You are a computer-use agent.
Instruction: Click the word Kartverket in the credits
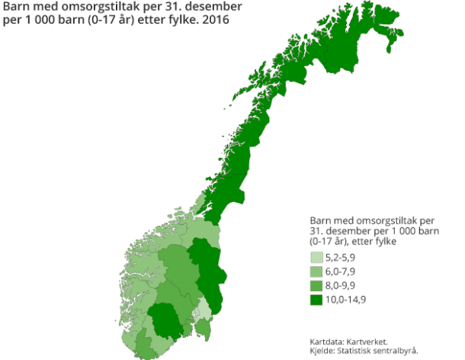(x=372, y=341)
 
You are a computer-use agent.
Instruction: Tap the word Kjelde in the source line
(x=322, y=350)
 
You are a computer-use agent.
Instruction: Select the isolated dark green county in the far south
(x=165, y=320)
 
